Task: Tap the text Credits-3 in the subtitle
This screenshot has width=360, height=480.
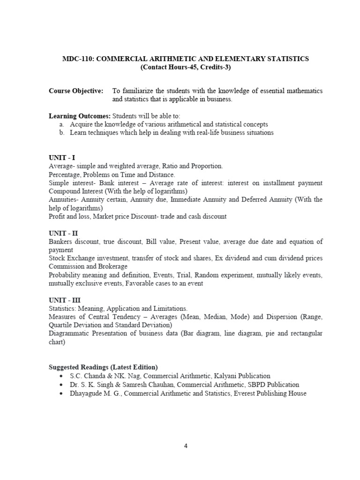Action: pos(216,67)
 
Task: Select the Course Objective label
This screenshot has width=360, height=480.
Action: pos(76,91)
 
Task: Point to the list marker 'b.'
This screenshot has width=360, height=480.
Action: pos(62,133)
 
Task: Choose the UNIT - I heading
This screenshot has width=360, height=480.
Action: pos(62,158)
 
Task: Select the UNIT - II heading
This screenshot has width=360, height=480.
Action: pos(63,233)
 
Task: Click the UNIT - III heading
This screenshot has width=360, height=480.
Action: pos(65,300)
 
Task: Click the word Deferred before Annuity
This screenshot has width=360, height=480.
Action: pos(257,200)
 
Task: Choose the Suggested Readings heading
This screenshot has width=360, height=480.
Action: pos(103,367)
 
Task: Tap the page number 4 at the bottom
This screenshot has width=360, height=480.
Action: pos(186,446)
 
